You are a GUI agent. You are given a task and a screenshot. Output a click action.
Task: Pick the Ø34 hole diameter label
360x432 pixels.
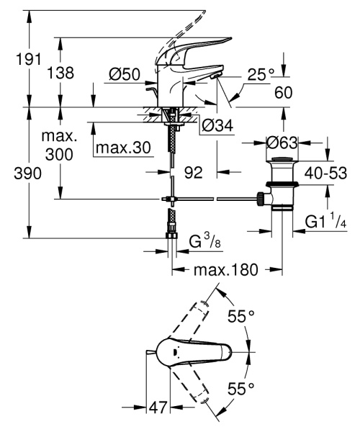pyautogui.click(x=217, y=126)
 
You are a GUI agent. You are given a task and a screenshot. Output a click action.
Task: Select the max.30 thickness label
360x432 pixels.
pyautogui.click(x=122, y=148)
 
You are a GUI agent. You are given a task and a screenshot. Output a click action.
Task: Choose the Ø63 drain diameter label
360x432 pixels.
pyautogui.click(x=282, y=143)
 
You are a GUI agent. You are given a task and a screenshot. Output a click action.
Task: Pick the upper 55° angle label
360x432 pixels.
pyautogui.click(x=241, y=316)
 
